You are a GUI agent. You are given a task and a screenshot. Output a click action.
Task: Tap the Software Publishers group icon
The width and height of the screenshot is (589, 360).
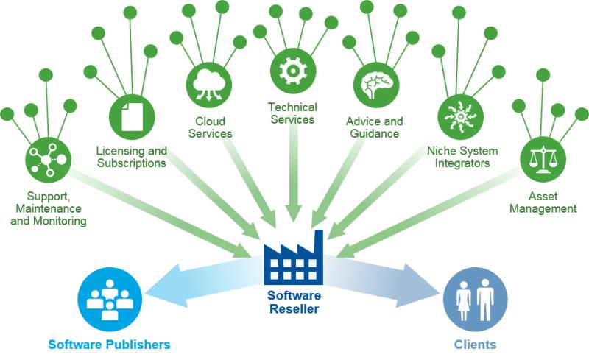pos(109,298)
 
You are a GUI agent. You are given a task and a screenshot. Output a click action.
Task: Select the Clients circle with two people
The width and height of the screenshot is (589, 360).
pos(475,298)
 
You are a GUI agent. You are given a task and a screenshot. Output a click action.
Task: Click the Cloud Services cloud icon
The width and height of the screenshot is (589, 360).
pos(208,82)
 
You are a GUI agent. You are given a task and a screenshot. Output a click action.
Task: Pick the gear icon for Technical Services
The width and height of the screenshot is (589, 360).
pos(292,70)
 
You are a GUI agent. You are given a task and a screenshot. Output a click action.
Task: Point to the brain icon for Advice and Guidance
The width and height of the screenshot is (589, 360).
pos(376,82)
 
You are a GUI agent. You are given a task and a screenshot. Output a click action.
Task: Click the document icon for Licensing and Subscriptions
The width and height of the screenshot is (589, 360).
pos(130,116)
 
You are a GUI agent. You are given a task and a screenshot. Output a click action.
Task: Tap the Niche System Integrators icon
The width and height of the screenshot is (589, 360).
pos(460,116)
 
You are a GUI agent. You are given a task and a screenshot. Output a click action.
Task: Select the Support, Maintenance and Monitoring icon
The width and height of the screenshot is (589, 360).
pos(46,158)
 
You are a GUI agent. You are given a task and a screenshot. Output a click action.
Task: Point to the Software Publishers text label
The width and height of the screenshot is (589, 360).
pos(109,344)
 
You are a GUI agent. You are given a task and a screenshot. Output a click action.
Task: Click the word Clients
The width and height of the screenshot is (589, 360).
pos(475,344)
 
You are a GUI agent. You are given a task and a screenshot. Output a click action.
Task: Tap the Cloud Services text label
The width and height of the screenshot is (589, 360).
pos(210,127)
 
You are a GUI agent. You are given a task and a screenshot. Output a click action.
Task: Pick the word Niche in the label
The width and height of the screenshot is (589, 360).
pos(440,151)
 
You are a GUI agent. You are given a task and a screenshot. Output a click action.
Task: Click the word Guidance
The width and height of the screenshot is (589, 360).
pos(375,134)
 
